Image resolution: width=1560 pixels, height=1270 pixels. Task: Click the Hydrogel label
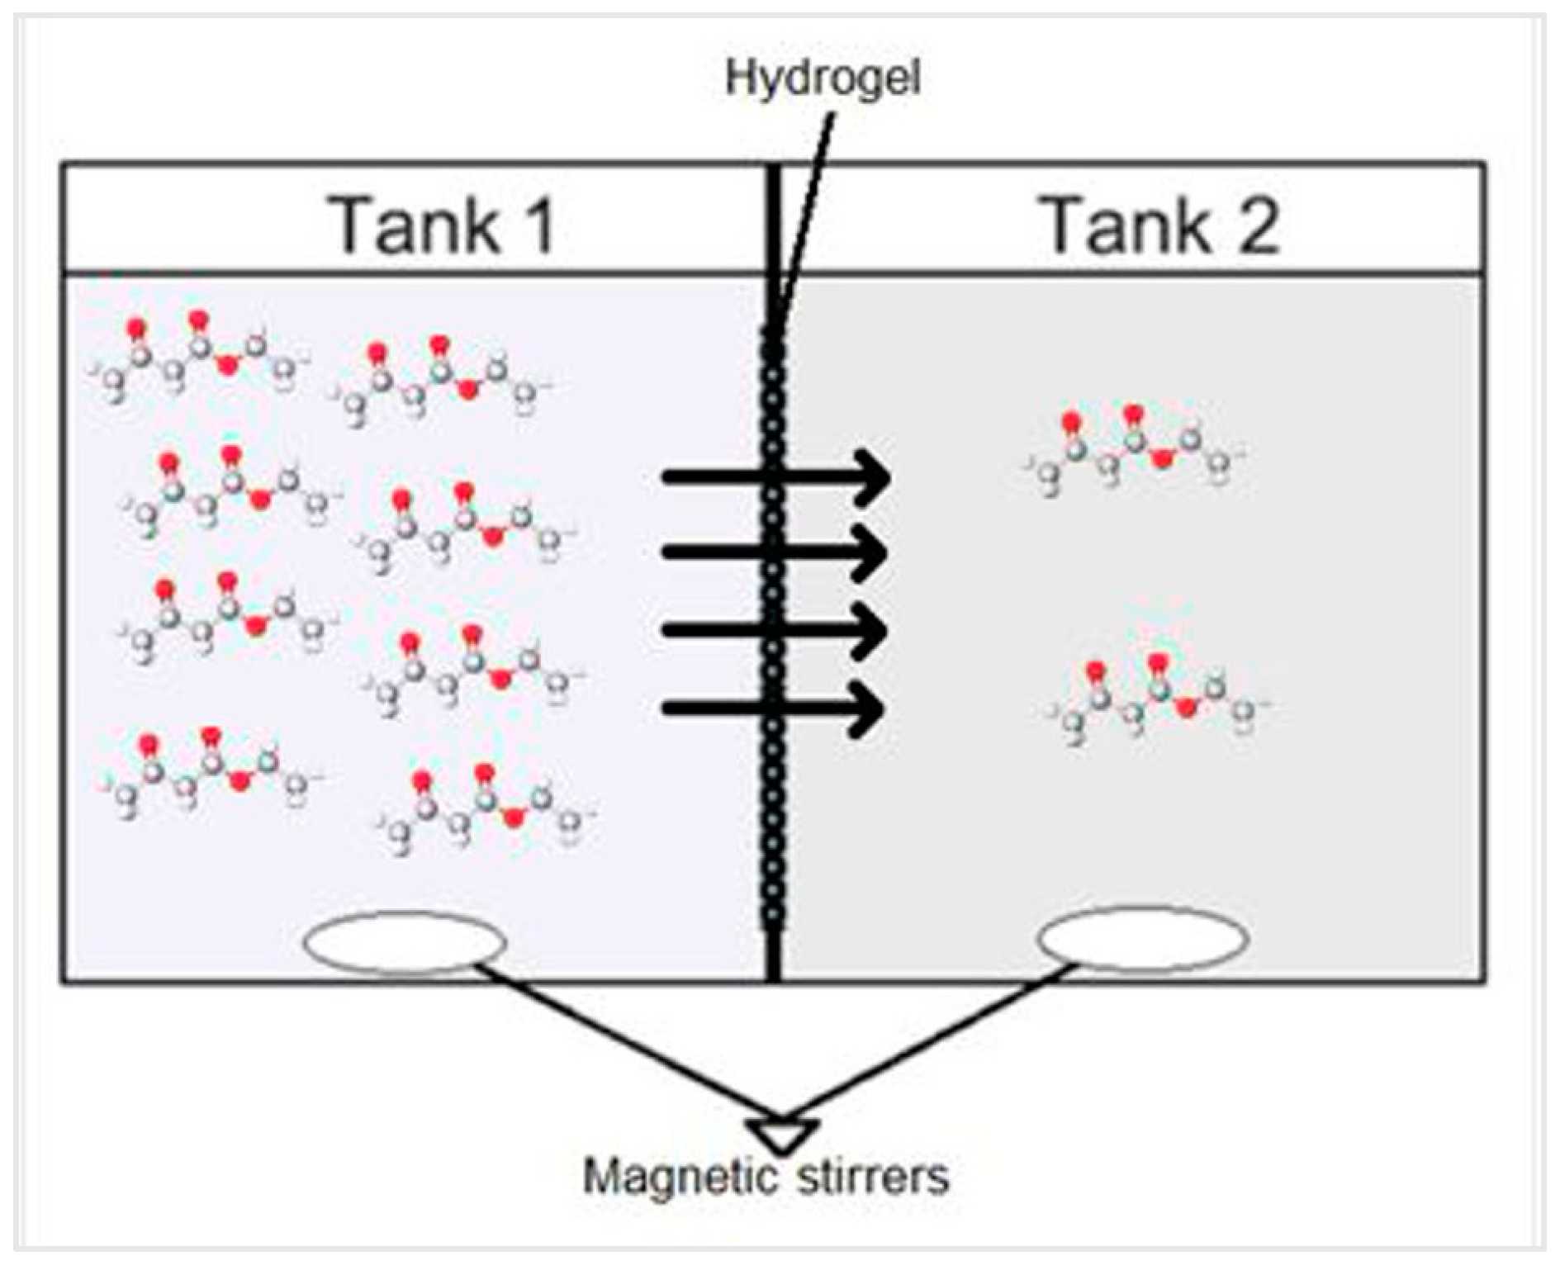click(822, 79)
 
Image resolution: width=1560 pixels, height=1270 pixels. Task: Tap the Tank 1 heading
click(443, 225)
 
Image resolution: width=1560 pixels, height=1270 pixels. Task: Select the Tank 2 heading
click(1163, 225)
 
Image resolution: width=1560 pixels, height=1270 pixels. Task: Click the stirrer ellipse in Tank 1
click(404, 941)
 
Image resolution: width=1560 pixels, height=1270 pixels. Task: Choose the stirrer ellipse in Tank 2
click(1142, 939)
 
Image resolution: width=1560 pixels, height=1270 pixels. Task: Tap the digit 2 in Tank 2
click(1256, 225)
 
